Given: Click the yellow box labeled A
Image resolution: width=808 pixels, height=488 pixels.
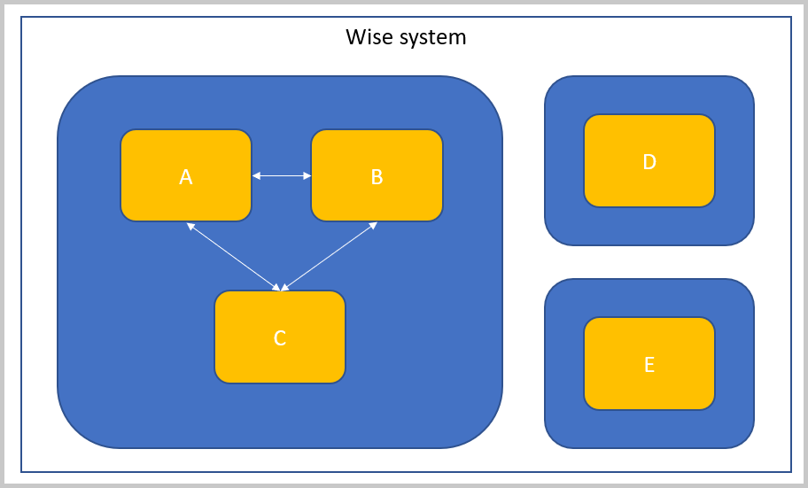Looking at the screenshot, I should (186, 175).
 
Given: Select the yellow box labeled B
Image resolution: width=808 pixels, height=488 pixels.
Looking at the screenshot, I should (377, 175).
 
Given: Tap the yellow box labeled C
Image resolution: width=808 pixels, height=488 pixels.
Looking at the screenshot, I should (280, 337).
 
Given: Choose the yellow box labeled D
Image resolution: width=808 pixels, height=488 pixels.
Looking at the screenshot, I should (649, 160).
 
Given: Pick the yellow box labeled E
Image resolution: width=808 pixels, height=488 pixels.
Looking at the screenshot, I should (649, 363).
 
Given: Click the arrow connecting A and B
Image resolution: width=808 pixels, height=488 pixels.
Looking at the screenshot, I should (282, 176).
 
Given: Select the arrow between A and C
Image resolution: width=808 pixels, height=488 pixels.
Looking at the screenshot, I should (233, 256).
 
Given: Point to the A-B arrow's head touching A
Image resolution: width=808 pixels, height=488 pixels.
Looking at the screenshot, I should (256, 176).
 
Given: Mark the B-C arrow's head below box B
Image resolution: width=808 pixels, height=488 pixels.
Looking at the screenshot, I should (373, 226).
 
